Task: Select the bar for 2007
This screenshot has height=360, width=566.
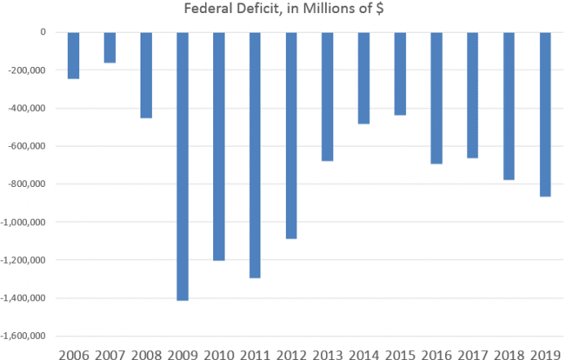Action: click(110, 47)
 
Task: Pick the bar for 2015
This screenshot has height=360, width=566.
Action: click(401, 73)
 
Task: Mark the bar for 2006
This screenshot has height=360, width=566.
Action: click(74, 55)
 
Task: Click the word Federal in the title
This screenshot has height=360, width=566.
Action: click(214, 10)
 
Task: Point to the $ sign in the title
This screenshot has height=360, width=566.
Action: click(378, 10)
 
